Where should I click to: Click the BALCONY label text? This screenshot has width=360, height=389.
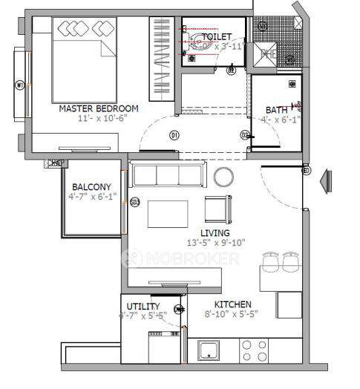pyautogui.click(x=92, y=187)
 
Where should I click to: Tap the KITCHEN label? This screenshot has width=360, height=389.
pyautogui.click(x=232, y=305)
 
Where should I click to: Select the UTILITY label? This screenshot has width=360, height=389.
pyautogui.click(x=143, y=305)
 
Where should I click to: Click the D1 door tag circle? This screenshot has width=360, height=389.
pyautogui.click(x=174, y=135)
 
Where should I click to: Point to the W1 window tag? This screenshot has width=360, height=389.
pyautogui.click(x=20, y=85)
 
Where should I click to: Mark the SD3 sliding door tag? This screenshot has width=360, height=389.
pyautogui.click(x=134, y=201)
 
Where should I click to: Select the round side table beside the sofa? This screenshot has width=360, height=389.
pyautogui.click(x=223, y=177)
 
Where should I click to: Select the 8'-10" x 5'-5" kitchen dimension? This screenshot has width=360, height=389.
pyautogui.click(x=232, y=315)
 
